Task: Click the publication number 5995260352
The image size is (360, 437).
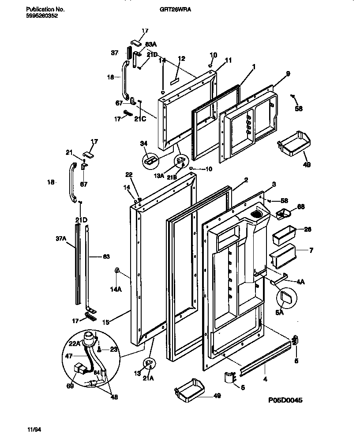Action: (42, 15)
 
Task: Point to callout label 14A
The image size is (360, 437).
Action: (116, 290)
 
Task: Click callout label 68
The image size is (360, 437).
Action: (301, 206)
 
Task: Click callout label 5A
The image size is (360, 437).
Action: (279, 312)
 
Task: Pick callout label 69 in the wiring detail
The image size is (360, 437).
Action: (70, 386)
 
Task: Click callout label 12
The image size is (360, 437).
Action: (181, 59)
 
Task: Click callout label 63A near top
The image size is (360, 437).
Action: (151, 45)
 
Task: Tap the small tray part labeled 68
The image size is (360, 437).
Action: (284, 214)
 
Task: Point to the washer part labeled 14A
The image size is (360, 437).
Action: (117, 270)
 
